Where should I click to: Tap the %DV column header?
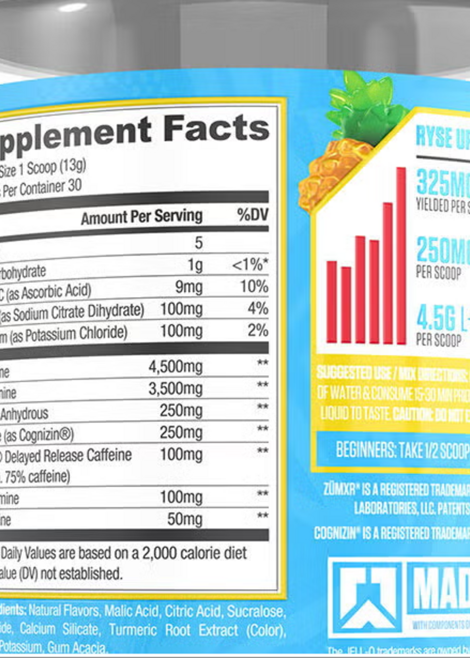(x=252, y=215)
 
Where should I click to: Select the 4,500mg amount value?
(x=175, y=367)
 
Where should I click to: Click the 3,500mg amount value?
(x=175, y=389)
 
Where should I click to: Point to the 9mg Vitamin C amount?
(x=189, y=287)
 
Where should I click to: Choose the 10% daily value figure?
(x=254, y=287)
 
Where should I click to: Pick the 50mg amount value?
(x=185, y=519)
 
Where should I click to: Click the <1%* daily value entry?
(x=250, y=264)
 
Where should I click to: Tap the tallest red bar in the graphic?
(x=401, y=256)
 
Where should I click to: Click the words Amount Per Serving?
(x=141, y=217)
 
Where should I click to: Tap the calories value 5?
(x=199, y=242)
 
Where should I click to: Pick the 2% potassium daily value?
(x=257, y=331)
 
